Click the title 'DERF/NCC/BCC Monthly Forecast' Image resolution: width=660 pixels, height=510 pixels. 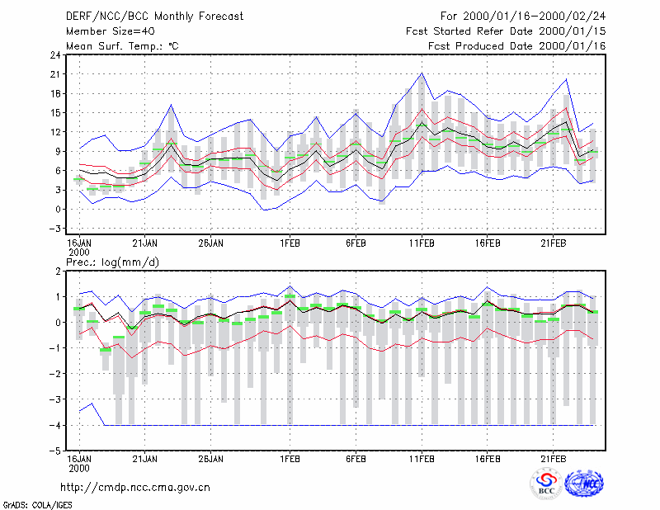(154, 17)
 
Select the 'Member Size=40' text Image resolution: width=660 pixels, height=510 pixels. (111, 31)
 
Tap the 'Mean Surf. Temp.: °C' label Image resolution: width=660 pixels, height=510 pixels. (122, 46)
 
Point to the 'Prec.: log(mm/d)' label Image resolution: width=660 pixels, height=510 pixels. (112, 262)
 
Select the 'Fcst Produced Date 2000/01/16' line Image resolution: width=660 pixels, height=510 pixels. (517, 46)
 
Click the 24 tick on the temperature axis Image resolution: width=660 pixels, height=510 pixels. (55, 54)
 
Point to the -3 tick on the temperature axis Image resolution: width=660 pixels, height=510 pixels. (55, 229)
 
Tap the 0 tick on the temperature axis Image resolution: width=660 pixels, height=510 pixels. (58, 210)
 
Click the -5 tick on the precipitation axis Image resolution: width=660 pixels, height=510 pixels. (55, 451)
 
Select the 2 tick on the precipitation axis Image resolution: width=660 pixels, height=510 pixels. (58, 272)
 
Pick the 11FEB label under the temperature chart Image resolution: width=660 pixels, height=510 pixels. (422, 243)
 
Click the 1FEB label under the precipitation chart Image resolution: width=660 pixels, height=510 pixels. (290, 459)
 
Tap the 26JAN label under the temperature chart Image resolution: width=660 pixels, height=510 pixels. (211, 243)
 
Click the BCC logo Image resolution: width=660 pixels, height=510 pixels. (546, 484)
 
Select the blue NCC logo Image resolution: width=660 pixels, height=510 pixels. (584, 484)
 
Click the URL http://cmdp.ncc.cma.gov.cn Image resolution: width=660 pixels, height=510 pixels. (135, 488)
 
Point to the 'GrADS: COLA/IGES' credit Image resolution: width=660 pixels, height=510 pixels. (37, 505)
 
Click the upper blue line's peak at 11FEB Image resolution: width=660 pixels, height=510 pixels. (422, 73)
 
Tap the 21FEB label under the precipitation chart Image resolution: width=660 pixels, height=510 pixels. (553, 459)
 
